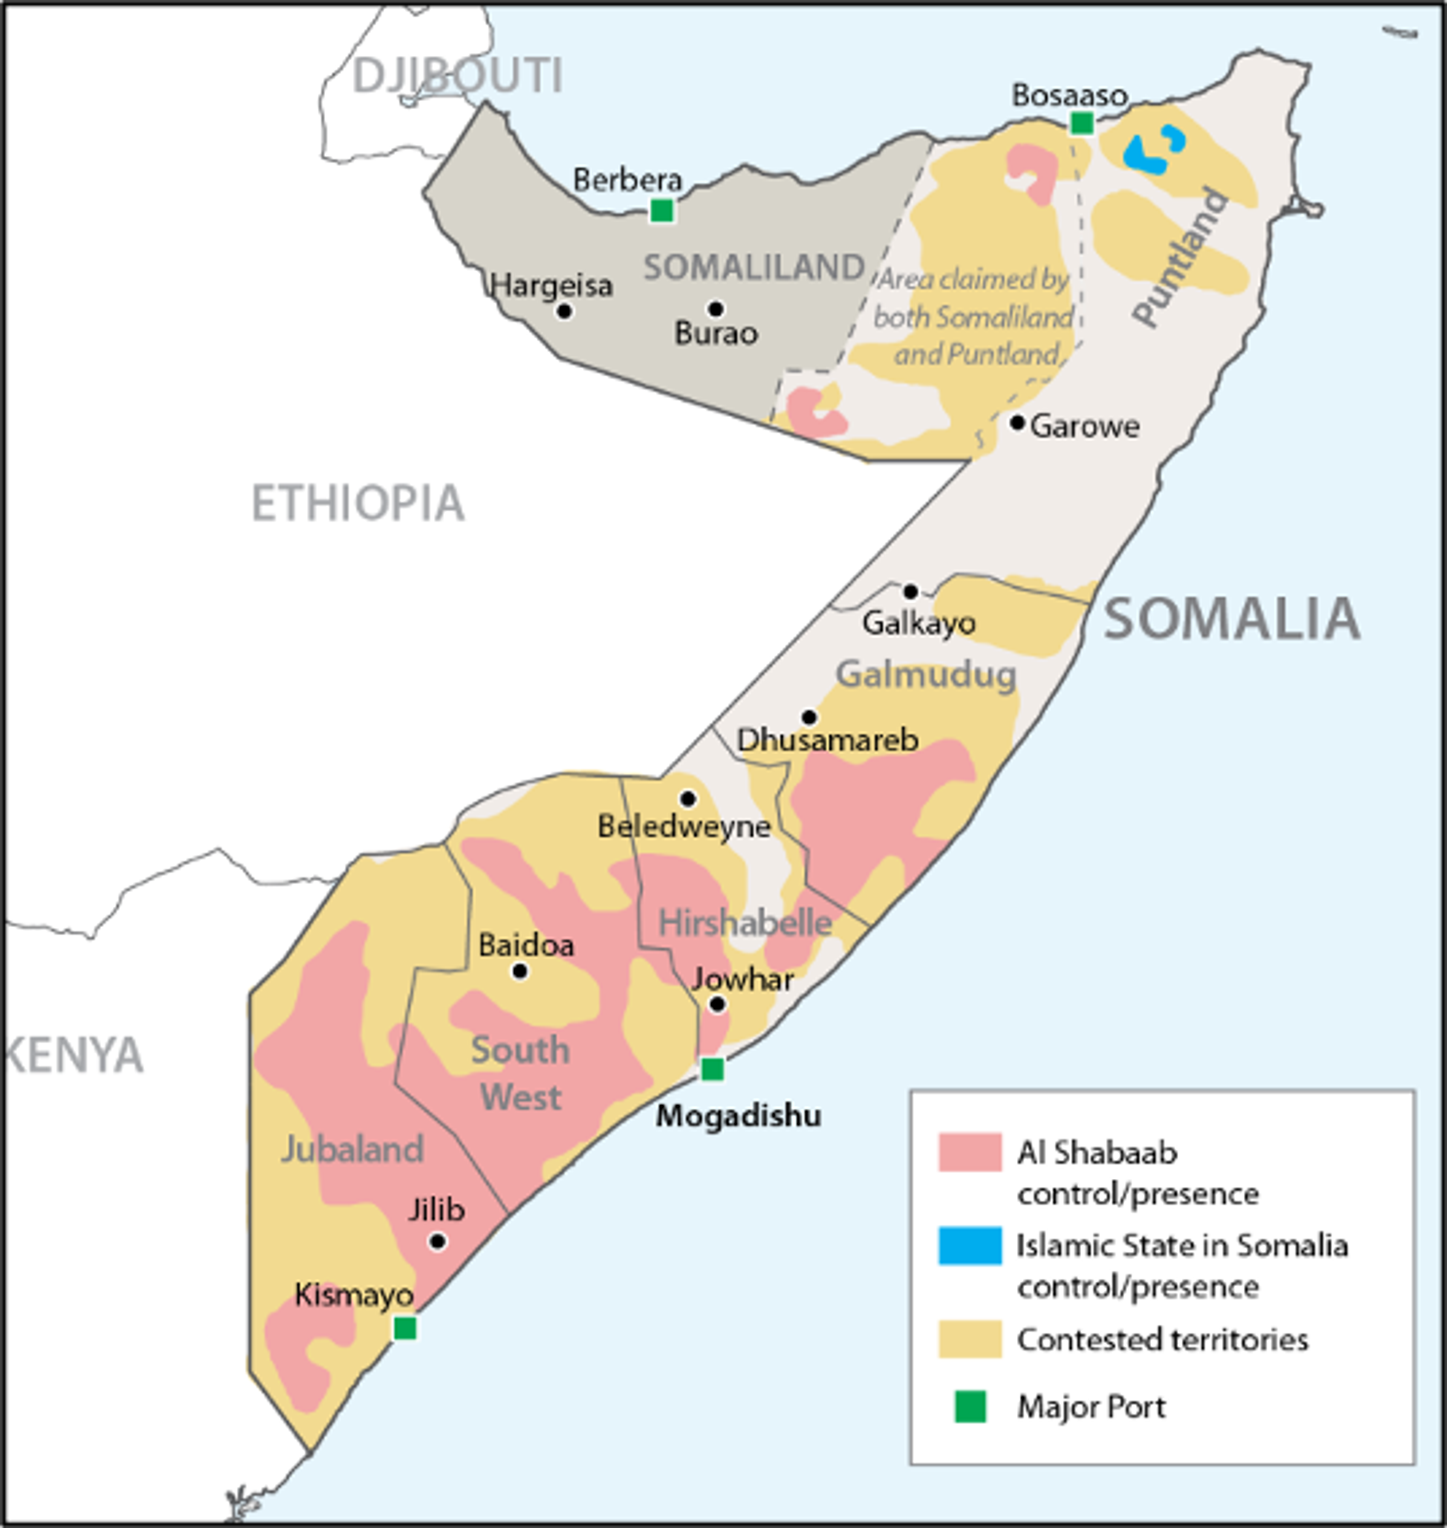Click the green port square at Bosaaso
click(1081, 122)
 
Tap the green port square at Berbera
click(661, 210)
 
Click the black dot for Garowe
click(1017, 423)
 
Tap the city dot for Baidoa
click(520, 971)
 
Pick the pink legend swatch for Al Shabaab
click(970, 1152)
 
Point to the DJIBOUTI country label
click(457, 76)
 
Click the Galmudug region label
click(925, 675)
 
